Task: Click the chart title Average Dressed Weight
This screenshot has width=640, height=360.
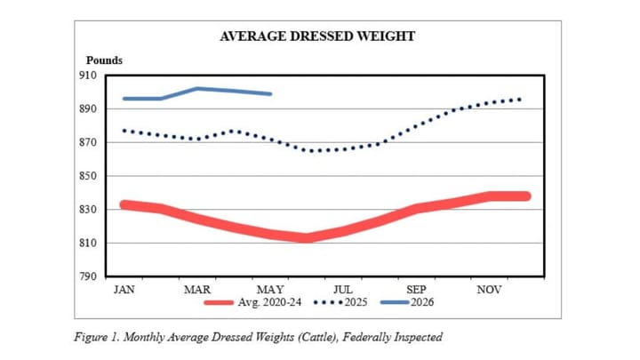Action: [317, 36]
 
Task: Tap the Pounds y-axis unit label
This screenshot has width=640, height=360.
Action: [104, 60]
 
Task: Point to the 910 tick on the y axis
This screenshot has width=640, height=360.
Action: [88, 76]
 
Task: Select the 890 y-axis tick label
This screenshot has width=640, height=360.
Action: [88, 109]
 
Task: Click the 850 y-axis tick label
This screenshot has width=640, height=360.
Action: [88, 176]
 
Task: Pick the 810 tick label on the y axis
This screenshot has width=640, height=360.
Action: [88, 243]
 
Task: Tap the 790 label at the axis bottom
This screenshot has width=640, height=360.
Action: [88, 276]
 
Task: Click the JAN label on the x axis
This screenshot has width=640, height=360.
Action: [124, 290]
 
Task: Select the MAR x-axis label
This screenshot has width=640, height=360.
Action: [197, 290]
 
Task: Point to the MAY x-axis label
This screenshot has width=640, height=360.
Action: [270, 290]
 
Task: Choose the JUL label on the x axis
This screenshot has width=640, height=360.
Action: [343, 290]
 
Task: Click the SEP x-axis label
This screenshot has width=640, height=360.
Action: [416, 290]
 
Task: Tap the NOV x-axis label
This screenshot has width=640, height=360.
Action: [489, 290]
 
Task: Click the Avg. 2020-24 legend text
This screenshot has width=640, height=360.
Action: [269, 302]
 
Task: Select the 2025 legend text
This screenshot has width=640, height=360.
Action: [356, 302]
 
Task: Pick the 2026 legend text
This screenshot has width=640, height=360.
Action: [422, 302]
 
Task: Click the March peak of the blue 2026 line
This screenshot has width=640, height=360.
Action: [197, 88]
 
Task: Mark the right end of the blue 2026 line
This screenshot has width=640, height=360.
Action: [270, 94]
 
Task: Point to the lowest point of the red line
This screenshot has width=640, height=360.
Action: [307, 238]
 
